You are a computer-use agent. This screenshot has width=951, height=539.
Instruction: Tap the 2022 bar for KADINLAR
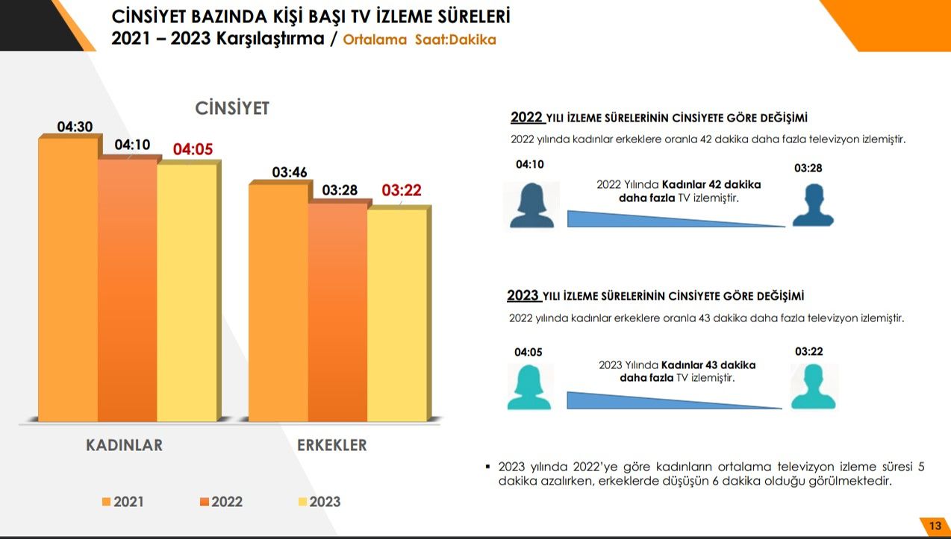[x=127, y=291]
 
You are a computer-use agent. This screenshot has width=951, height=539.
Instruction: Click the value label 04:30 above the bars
[x=75, y=127]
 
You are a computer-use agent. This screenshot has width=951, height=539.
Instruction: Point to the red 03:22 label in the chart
[x=402, y=191]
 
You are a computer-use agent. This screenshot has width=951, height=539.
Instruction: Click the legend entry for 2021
[x=123, y=502]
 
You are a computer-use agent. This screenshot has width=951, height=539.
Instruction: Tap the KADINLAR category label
[x=124, y=446]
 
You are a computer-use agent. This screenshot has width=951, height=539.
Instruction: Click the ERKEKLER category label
[x=332, y=446]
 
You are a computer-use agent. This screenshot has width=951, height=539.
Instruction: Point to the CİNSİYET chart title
[x=232, y=109]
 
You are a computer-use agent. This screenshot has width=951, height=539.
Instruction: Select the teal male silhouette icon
[x=814, y=386]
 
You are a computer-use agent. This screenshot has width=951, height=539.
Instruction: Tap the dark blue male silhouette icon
[x=812, y=205]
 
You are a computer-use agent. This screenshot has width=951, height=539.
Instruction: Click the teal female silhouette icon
[x=529, y=387]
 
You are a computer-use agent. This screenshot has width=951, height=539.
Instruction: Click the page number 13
[x=935, y=526]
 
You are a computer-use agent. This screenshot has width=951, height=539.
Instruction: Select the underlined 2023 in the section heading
[x=523, y=296]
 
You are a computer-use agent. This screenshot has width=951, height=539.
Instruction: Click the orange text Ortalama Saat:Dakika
[x=420, y=40]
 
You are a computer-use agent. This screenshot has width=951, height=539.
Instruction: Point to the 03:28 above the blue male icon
[x=808, y=168]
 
